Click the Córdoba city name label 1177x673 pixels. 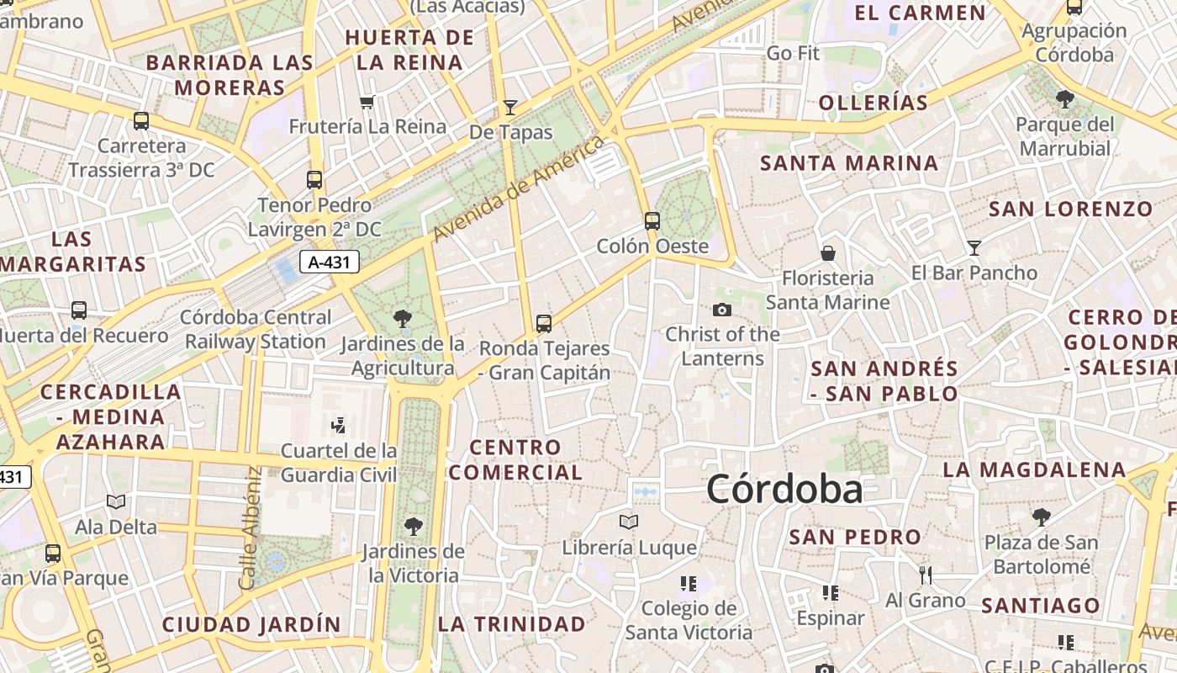tap(784, 489)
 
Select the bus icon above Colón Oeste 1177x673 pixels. tap(652, 221)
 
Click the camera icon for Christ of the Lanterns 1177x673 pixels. tap(721, 310)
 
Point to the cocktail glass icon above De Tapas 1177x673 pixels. tap(509, 107)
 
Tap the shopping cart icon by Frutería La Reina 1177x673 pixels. tap(367, 103)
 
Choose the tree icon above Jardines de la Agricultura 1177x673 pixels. tap(403, 318)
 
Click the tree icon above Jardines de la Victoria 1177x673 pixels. tap(413, 527)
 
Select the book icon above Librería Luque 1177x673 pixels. tap(629, 522)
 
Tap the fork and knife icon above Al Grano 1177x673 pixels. tap(925, 575)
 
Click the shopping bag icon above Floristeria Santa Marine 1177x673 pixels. tap(828, 252)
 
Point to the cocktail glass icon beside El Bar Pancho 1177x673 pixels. tap(974, 247)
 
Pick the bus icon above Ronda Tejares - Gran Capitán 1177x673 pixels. tap(544, 323)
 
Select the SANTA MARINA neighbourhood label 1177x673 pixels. tap(849, 163)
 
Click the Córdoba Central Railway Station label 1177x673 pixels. tap(256, 330)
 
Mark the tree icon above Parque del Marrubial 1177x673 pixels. tap(1064, 99)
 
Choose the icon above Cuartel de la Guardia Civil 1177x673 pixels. tap(338, 425)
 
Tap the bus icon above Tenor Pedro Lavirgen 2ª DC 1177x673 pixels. tap(314, 179)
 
